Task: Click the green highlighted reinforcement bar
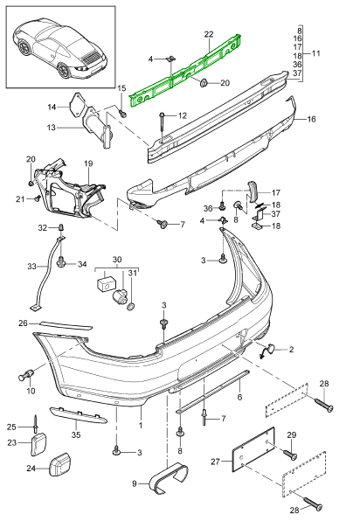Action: click(x=184, y=73)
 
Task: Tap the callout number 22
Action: click(x=209, y=34)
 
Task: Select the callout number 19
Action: click(x=88, y=163)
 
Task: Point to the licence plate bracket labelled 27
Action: click(x=253, y=449)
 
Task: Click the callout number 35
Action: click(x=76, y=434)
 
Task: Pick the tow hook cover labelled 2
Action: click(x=267, y=351)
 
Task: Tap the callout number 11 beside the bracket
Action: click(x=316, y=53)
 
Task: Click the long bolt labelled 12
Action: click(x=163, y=125)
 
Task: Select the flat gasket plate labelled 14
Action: click(x=76, y=105)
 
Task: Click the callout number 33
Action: click(x=31, y=267)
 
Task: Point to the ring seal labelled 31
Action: click(x=131, y=306)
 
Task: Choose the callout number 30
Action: click(x=117, y=260)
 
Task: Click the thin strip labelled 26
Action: click(x=66, y=325)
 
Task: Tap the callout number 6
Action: click(x=239, y=397)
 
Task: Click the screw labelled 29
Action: click(x=290, y=455)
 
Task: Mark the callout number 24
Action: click(x=31, y=469)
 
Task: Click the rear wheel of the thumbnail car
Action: click(x=64, y=70)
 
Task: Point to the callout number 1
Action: click(x=141, y=426)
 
